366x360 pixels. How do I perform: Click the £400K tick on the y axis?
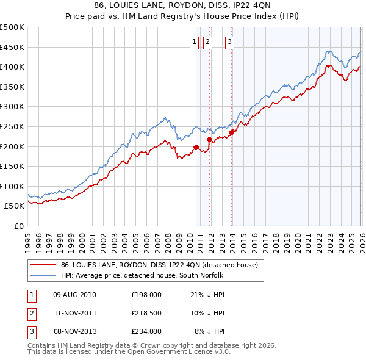(x=12, y=67)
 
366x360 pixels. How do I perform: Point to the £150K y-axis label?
(x=12, y=166)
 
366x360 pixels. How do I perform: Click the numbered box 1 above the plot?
(x=194, y=42)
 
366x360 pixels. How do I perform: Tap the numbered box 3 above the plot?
(x=229, y=42)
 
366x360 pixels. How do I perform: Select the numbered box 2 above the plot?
(x=207, y=42)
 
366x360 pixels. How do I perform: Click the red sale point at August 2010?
(x=196, y=147)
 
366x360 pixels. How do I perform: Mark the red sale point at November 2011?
(x=209, y=139)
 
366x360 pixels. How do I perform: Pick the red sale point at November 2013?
(x=231, y=132)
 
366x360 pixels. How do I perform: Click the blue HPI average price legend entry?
(x=143, y=276)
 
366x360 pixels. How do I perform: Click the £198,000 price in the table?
(x=146, y=295)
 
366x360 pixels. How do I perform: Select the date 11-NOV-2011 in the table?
(x=75, y=313)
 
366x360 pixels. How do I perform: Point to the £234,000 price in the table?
(x=146, y=331)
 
